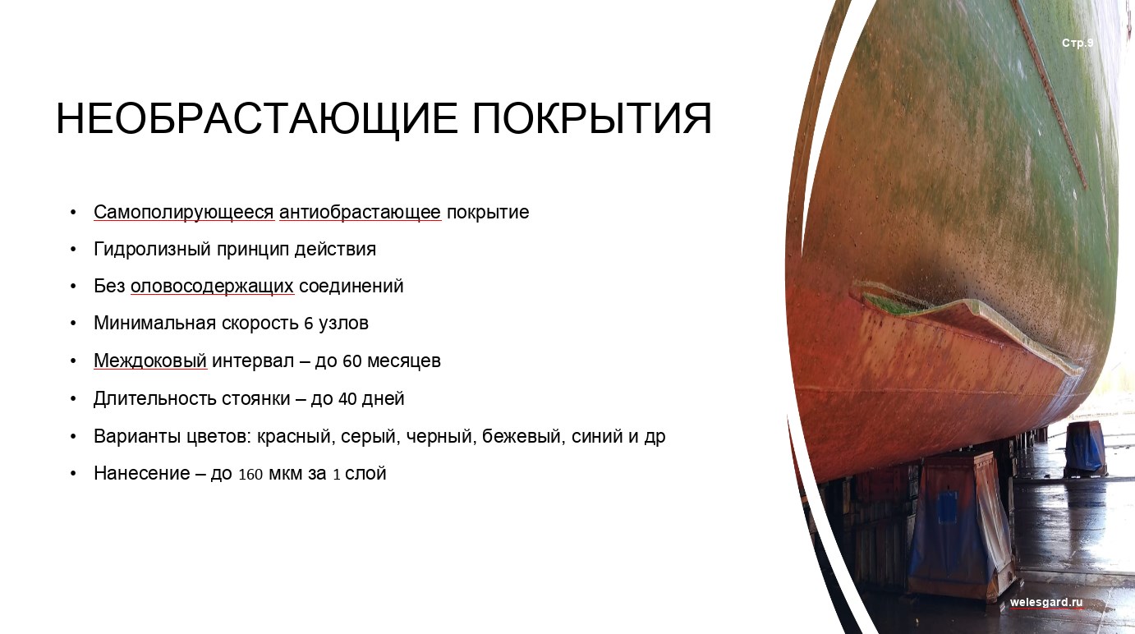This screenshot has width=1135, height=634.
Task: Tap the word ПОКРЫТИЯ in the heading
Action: click(x=591, y=118)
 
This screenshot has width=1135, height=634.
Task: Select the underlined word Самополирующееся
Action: click(x=183, y=213)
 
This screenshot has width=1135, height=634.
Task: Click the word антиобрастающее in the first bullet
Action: click(x=361, y=213)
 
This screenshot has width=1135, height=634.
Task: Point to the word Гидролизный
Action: click(x=152, y=250)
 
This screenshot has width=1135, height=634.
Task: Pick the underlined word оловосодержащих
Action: click(x=213, y=287)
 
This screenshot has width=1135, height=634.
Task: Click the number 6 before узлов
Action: click(x=309, y=324)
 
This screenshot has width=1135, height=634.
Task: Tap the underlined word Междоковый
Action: click(x=150, y=361)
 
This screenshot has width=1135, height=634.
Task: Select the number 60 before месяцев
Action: click(x=352, y=361)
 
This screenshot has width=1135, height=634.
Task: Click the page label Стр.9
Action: click(x=1078, y=43)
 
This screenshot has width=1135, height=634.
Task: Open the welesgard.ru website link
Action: click(x=1046, y=603)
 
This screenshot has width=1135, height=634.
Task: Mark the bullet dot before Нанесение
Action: click(x=73, y=474)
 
